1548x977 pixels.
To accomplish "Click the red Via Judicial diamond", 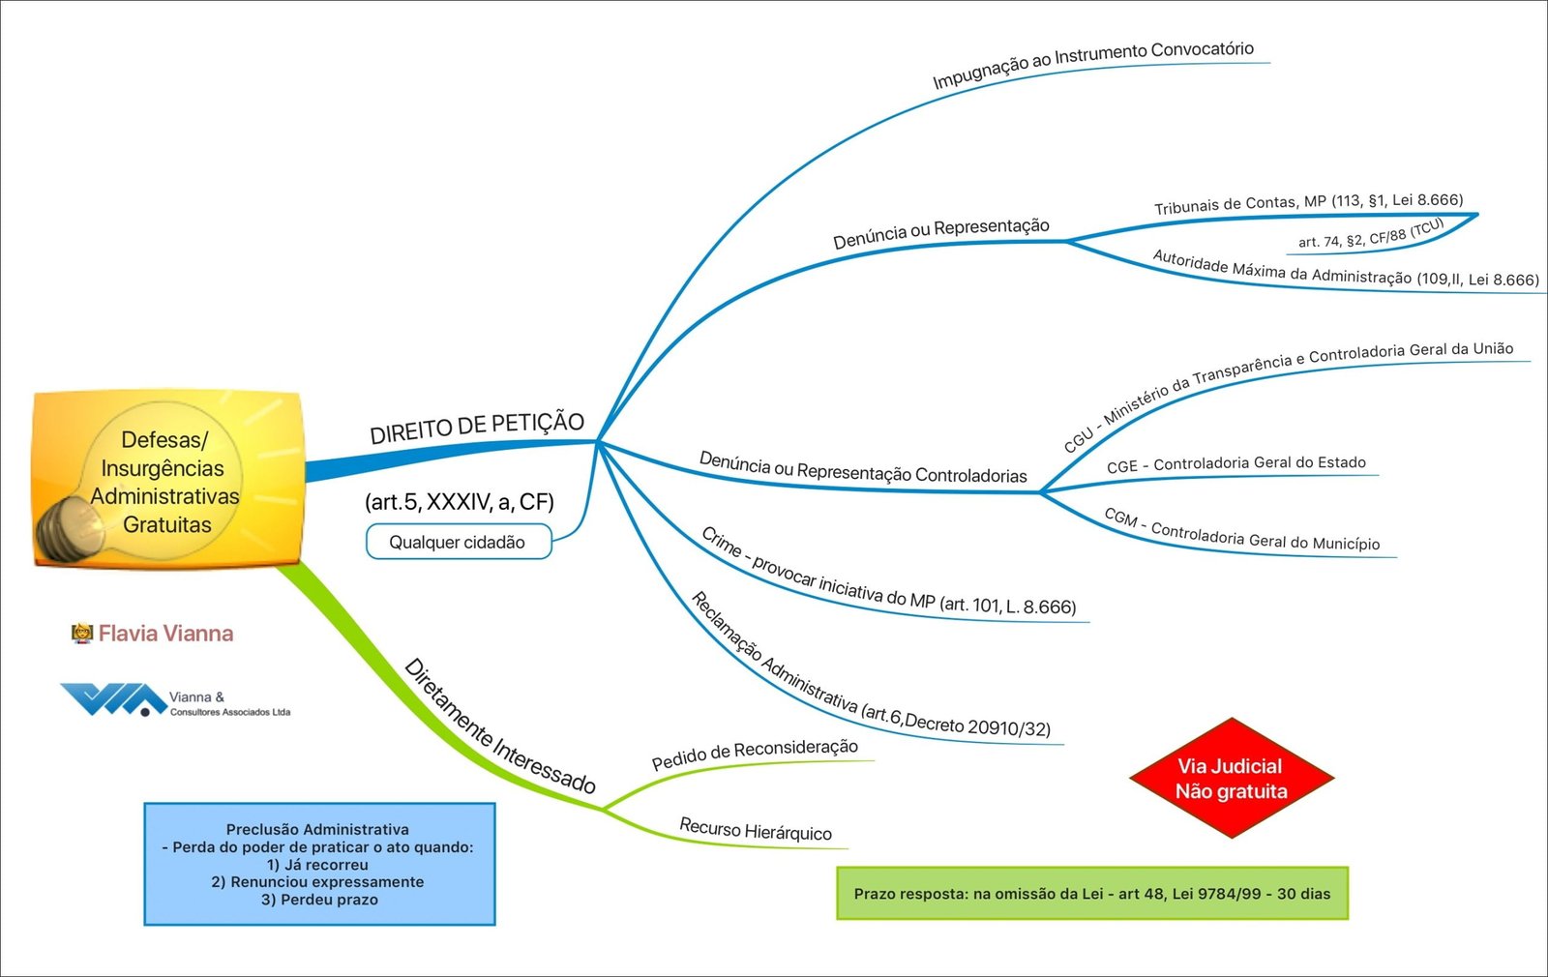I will [x=1231, y=778].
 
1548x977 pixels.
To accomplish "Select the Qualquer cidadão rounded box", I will [x=458, y=542].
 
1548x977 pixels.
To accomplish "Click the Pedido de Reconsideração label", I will [x=755, y=754].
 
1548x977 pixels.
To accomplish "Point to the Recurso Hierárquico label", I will [x=755, y=830].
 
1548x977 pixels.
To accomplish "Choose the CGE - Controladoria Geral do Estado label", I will [x=1235, y=464].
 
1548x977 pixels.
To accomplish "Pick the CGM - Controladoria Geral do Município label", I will [x=1241, y=530].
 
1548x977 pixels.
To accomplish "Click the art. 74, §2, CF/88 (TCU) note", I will [x=1370, y=233].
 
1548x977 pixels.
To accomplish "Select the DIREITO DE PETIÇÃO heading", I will [x=477, y=428].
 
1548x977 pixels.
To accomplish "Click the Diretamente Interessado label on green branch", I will [x=498, y=725].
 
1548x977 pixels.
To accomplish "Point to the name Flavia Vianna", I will [x=165, y=634].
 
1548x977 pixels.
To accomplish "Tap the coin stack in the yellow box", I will [x=72, y=528].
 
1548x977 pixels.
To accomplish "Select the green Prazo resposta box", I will [x=1091, y=894].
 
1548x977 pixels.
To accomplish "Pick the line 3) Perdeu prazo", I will [x=319, y=900].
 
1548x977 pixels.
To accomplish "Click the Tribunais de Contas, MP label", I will [x=1308, y=202].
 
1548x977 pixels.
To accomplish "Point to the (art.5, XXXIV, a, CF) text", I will [x=460, y=501].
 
